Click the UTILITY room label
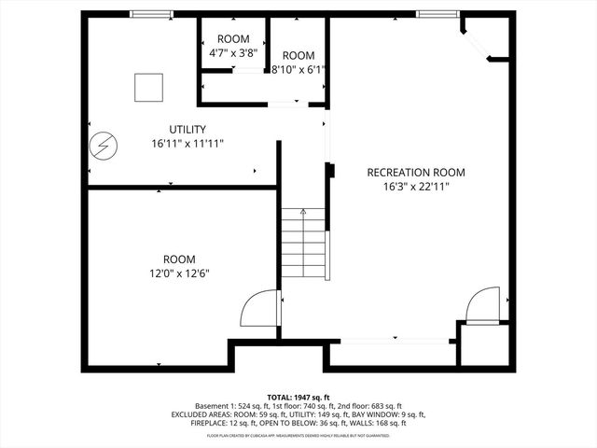coord(187,129)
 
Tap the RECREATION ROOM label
coord(415,173)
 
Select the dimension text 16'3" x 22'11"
coord(415,187)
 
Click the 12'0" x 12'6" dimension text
coord(179,273)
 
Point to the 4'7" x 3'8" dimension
coord(233,53)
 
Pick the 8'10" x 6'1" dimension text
coord(297,69)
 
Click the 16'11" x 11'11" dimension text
coord(187,144)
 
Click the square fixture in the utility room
coord(148,87)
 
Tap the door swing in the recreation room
coord(482,305)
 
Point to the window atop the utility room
coord(151,14)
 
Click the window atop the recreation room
coord(437,14)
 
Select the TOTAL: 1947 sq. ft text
coord(298,398)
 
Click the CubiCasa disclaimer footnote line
coord(298,435)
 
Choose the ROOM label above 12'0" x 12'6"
coord(179,259)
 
